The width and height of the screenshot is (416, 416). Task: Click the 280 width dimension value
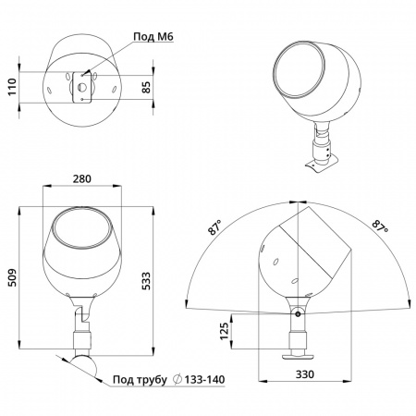[x=82, y=178]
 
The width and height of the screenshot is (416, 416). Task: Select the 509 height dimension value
[x=12, y=277]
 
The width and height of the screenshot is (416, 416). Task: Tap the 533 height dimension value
[x=146, y=281]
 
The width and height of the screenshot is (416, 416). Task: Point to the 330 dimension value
[x=305, y=374]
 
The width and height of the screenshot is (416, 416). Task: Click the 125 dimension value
[x=225, y=331]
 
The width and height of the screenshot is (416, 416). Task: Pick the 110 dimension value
[x=12, y=87]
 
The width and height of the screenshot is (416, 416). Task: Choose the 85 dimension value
[x=146, y=87]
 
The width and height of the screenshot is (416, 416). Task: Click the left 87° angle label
[x=215, y=227]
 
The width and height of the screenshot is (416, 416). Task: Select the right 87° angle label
[x=380, y=226]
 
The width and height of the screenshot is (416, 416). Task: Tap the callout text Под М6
[x=153, y=37]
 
